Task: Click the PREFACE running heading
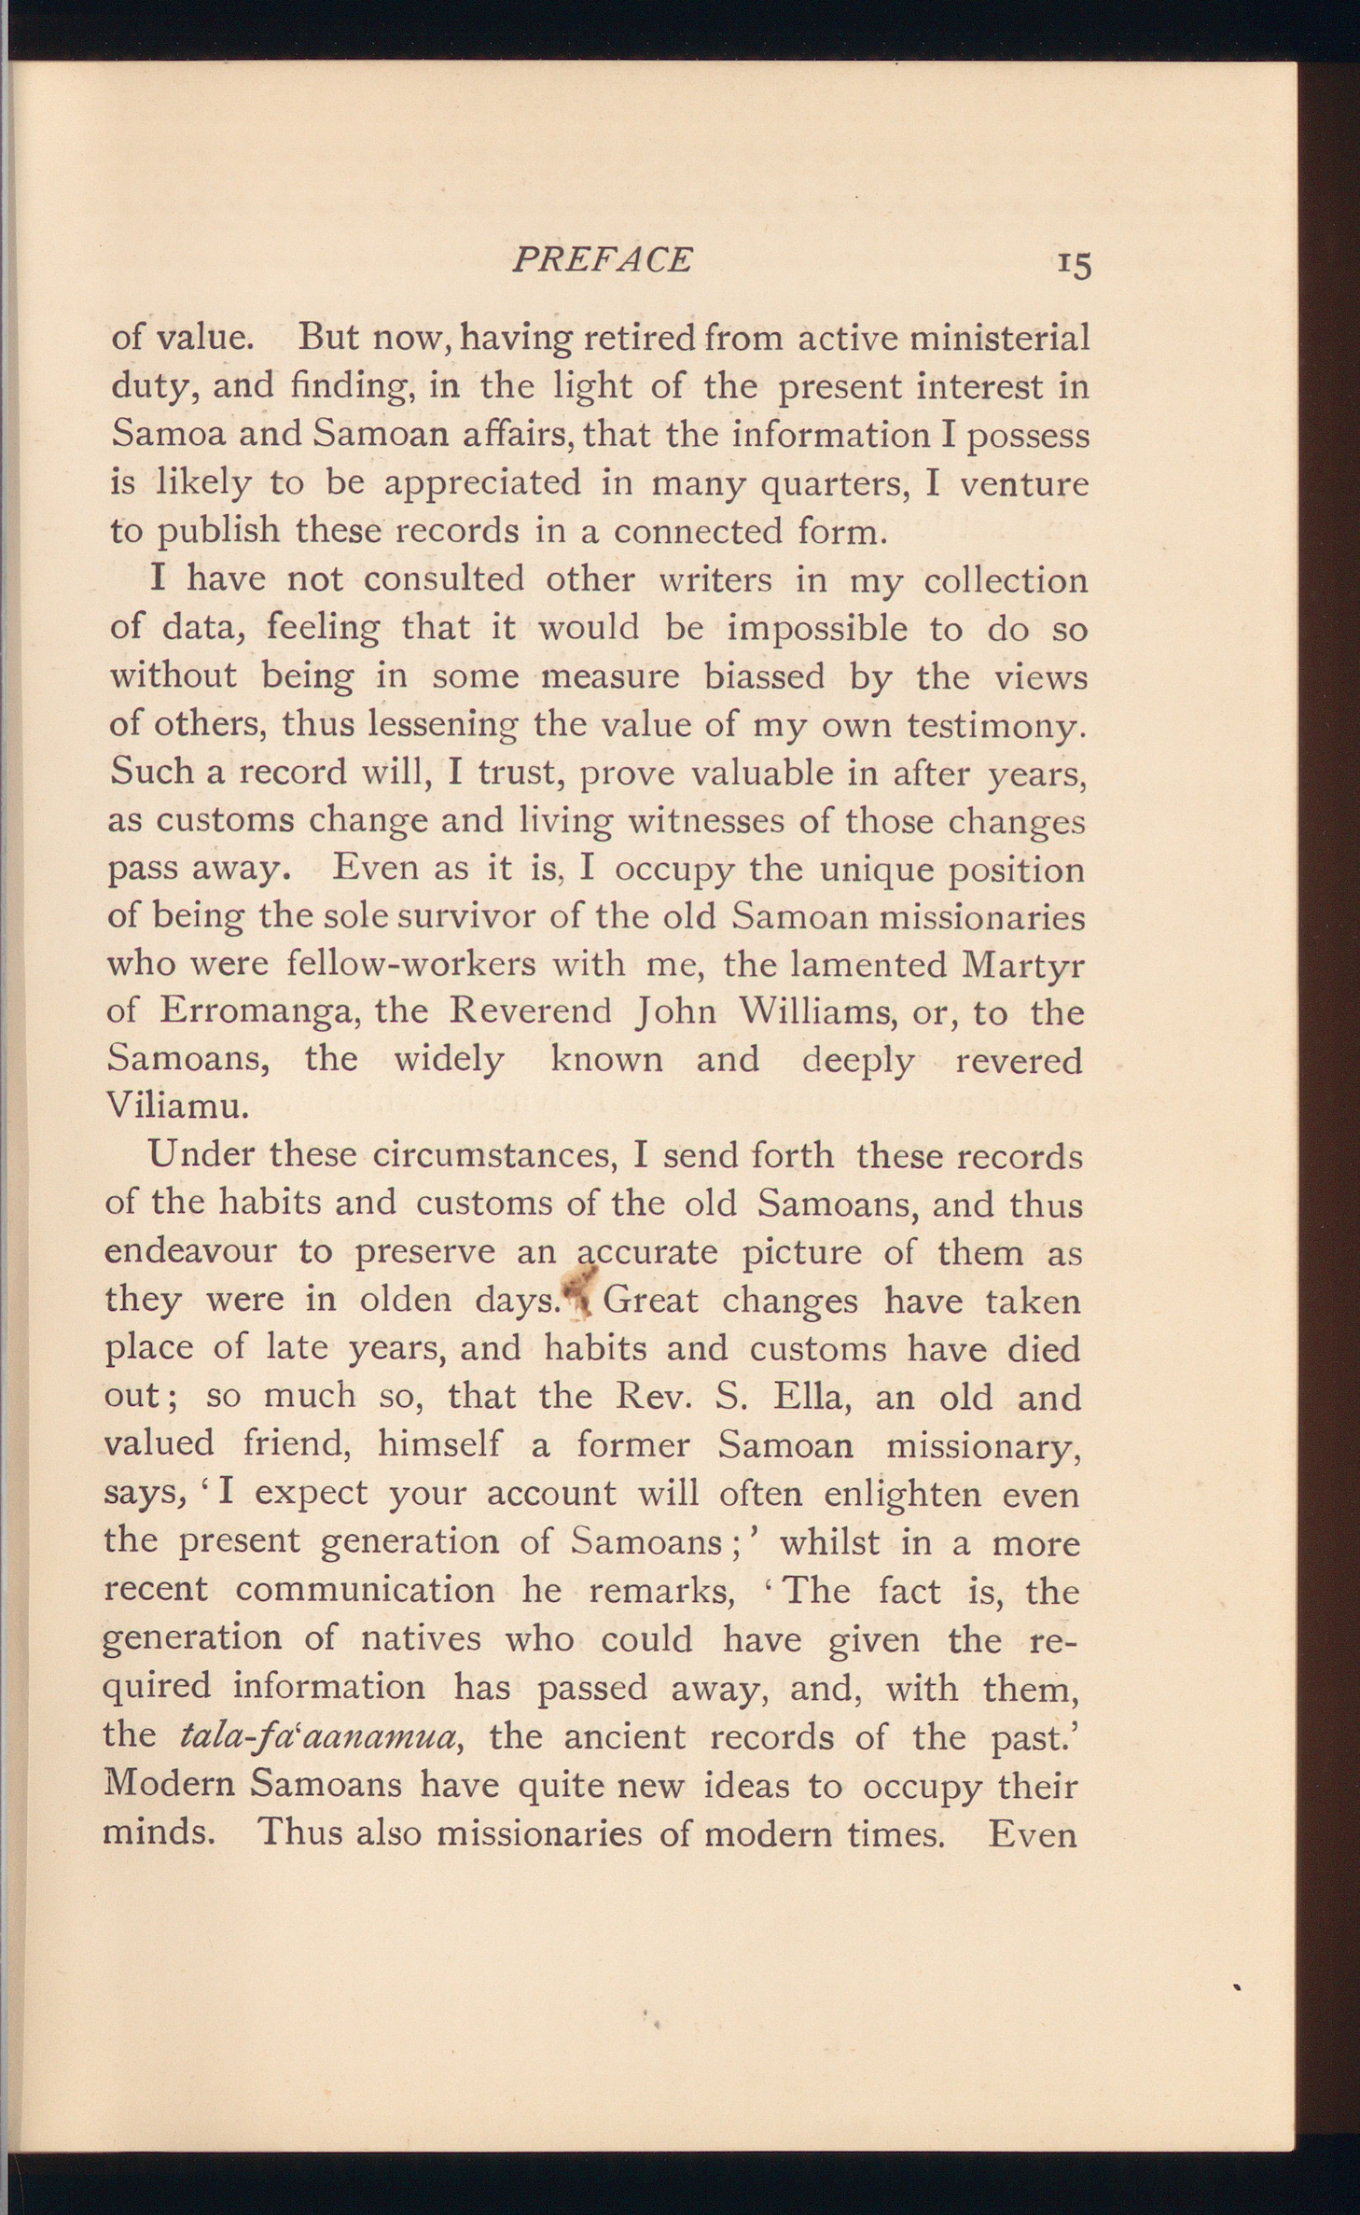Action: [x=602, y=258]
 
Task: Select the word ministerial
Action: [x=999, y=338]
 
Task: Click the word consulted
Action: [x=443, y=579]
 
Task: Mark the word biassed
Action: [x=764, y=676]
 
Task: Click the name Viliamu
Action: [x=177, y=1107]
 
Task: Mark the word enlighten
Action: [x=902, y=1494]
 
